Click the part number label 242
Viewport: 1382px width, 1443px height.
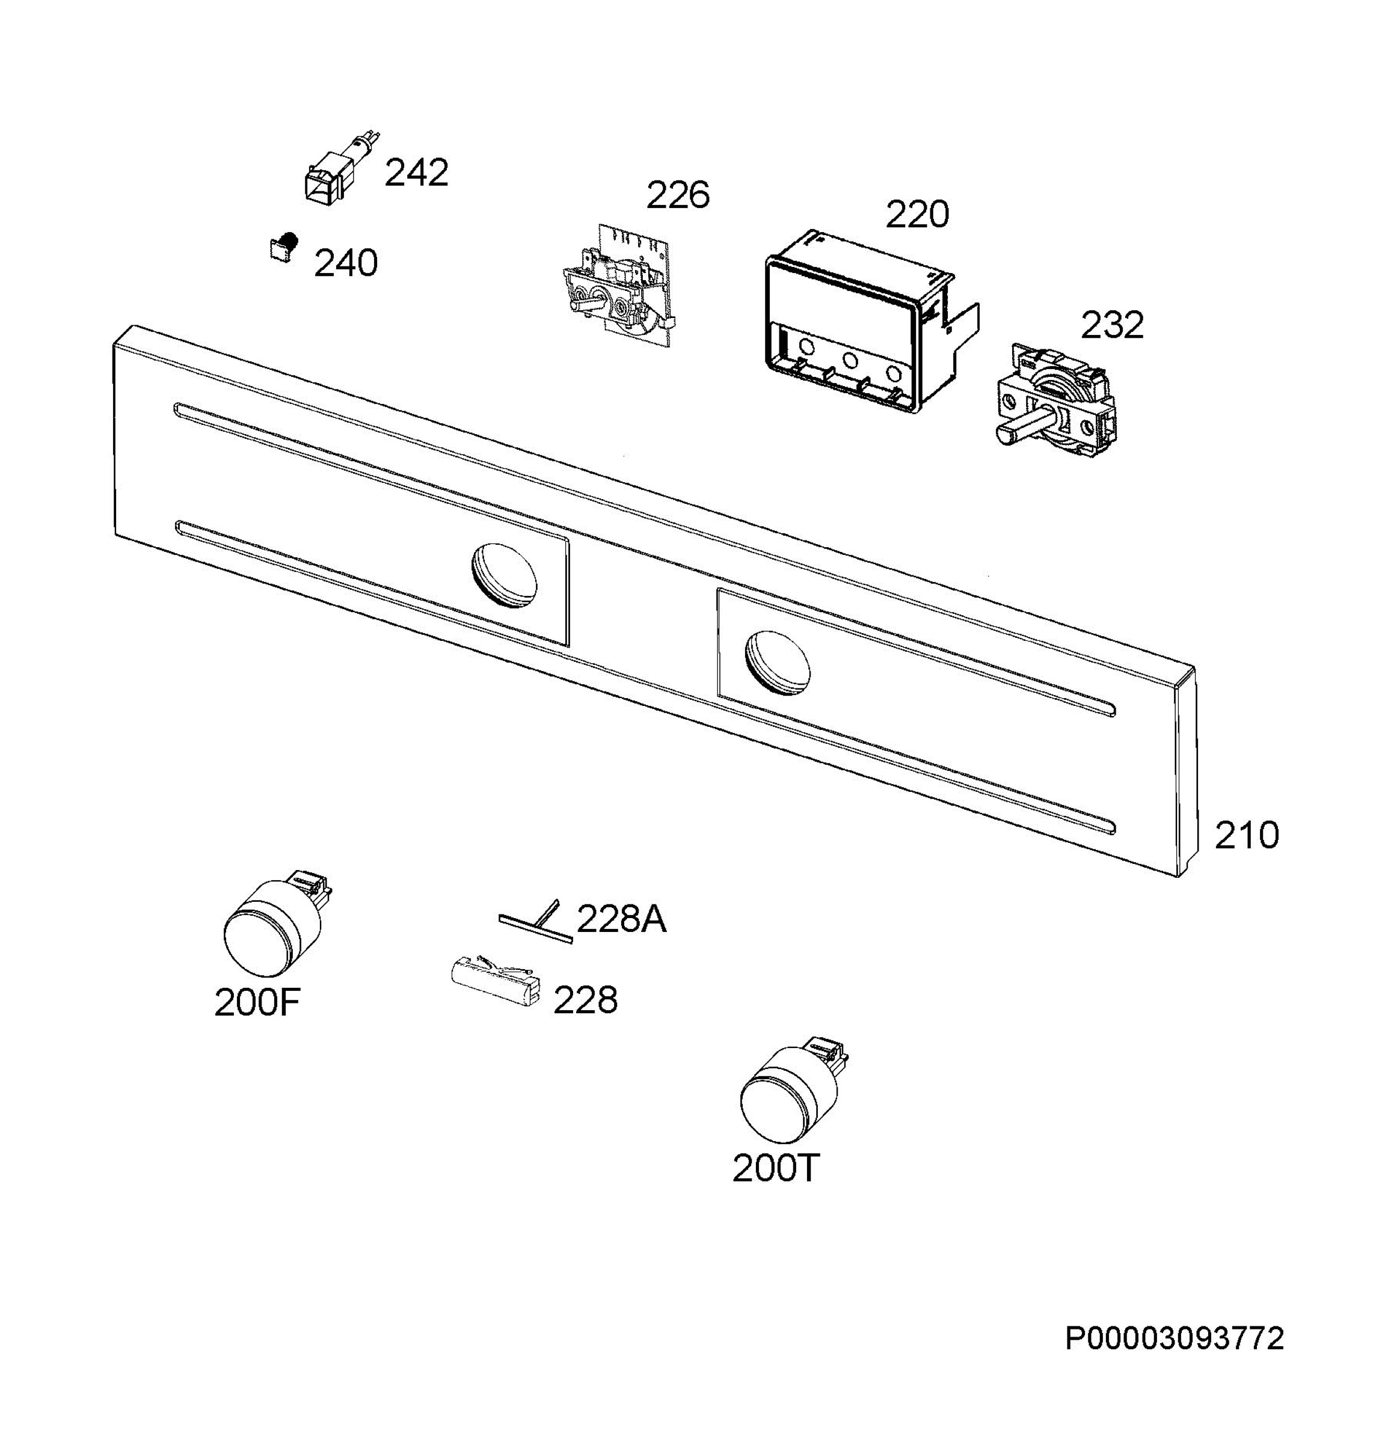416,174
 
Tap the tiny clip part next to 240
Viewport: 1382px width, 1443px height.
283,246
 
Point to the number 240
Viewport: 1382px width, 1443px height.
345,263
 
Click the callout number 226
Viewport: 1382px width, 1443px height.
677,195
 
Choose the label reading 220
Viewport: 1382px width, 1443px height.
917,215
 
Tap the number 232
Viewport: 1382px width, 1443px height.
1112,325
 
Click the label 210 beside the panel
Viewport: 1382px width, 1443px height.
1247,836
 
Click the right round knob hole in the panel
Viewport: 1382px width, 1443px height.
778,662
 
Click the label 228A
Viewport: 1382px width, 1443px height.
621,919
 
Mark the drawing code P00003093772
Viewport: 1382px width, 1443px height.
1175,1338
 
